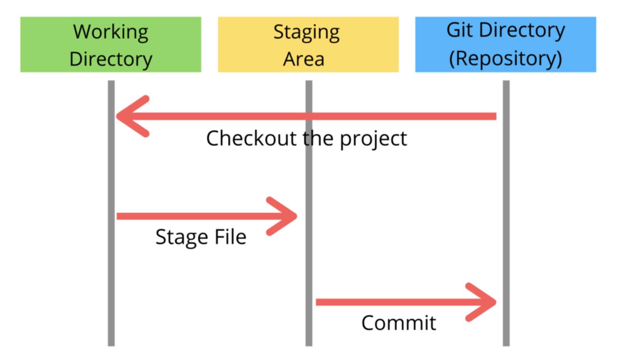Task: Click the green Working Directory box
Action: [x=111, y=45]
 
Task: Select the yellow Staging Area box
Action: [x=308, y=45]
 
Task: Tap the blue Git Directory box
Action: [x=506, y=45]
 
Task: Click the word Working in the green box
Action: [x=111, y=33]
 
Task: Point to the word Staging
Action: [x=306, y=33]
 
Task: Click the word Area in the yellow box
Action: [x=304, y=59]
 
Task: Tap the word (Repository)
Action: [x=505, y=59]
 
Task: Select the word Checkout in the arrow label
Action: [x=252, y=138]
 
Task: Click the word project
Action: [x=374, y=139]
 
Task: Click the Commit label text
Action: [x=399, y=323]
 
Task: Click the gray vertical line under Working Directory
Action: [x=111, y=213]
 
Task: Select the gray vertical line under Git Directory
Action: [x=506, y=213]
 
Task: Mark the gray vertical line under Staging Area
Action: [x=309, y=213]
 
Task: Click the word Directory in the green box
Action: [x=111, y=60]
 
